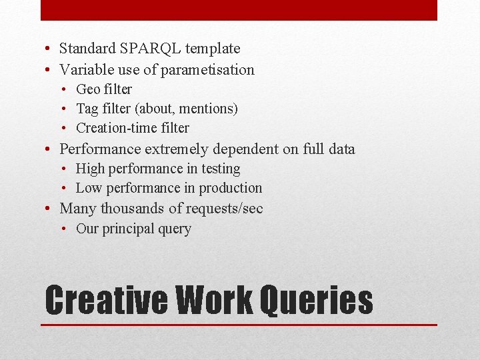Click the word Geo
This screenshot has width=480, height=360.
coord(88,89)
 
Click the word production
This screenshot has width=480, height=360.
coord(231,189)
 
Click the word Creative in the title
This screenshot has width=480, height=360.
coord(106,300)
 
